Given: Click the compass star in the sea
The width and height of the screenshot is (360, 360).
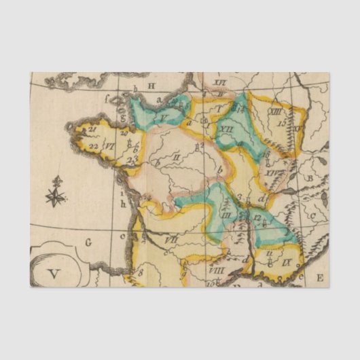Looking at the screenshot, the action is tap(56, 196).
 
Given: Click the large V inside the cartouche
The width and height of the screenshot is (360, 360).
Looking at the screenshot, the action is tap(54, 274).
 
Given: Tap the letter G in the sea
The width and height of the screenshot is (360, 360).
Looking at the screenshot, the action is tap(88, 241).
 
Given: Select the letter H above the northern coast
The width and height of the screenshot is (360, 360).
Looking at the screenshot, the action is tap(152, 85).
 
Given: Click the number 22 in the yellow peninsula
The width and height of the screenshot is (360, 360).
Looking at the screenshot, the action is tap(93, 145).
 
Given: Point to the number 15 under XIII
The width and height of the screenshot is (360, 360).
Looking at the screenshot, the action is tap(281, 123).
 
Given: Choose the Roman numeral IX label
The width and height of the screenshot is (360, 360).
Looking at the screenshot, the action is tap(287, 260).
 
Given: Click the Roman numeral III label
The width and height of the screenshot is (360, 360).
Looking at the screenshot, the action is tap(227, 214).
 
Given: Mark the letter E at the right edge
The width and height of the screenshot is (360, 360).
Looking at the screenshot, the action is tap(319, 276).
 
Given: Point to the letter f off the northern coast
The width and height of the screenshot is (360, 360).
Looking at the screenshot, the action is tap(106, 97).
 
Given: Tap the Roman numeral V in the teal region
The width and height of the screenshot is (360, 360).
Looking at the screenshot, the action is tap(164, 117).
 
